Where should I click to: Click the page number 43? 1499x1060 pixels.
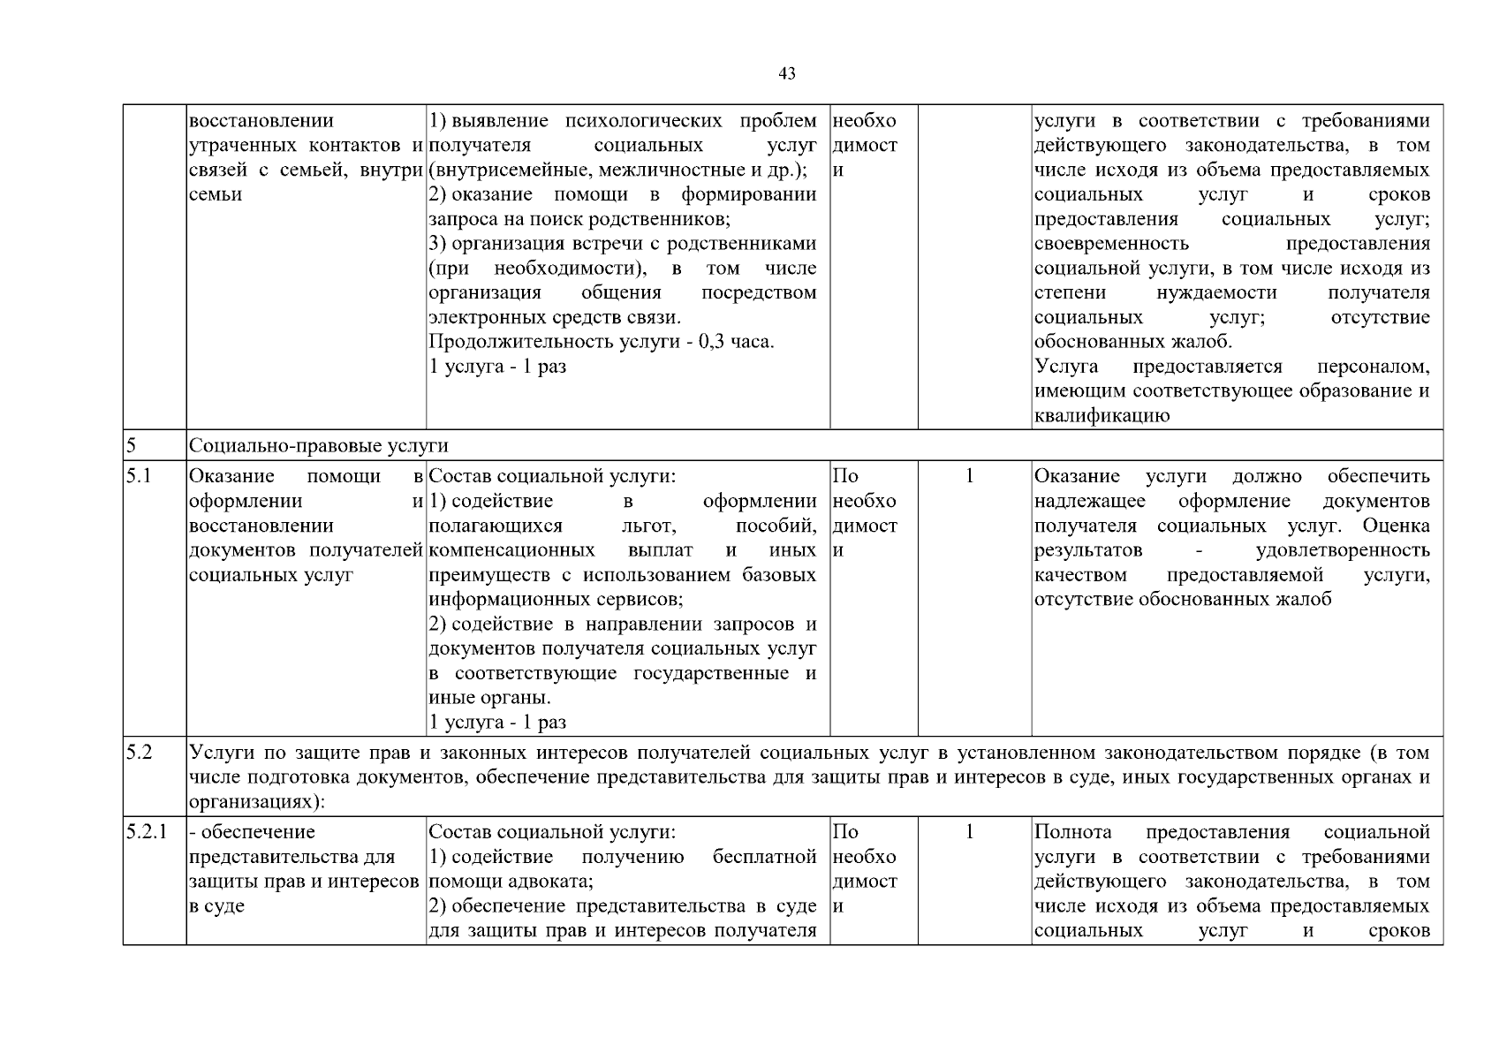[787, 74]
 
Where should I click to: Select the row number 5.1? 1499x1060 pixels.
[139, 477]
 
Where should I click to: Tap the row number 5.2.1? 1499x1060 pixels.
[146, 832]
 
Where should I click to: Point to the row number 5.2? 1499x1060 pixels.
[139, 753]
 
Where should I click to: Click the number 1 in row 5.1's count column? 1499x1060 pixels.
[969, 477]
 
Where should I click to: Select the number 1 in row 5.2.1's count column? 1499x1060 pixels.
[969, 832]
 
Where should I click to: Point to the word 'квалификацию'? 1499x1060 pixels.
[1102, 416]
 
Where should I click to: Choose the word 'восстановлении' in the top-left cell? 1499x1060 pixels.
[261, 121]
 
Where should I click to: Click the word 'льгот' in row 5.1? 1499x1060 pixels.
[649, 526]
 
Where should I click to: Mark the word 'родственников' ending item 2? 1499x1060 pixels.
[664, 219]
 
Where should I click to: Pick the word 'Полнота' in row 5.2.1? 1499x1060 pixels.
[1072, 832]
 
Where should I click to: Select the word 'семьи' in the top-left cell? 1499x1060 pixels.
[216, 195]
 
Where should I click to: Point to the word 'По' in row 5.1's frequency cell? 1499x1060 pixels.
[845, 477]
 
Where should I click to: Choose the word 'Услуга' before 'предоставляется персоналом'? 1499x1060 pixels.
[1066, 367]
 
